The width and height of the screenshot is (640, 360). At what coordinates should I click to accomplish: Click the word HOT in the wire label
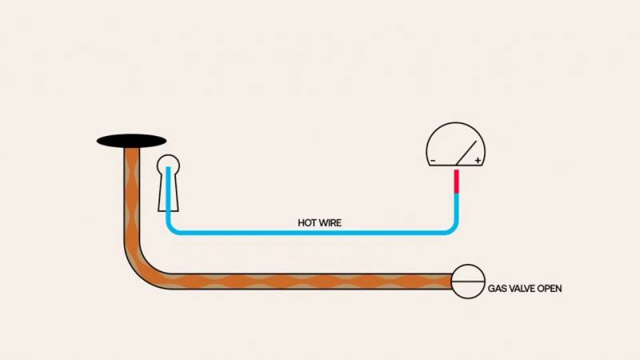306,223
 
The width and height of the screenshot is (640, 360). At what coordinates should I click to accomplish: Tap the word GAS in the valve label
497,289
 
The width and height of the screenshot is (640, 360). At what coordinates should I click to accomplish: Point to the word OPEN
550,289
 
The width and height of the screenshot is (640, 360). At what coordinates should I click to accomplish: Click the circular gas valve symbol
468,282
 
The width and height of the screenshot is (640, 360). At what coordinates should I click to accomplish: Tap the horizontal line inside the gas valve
468,282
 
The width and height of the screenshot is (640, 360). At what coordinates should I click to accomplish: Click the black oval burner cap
131,142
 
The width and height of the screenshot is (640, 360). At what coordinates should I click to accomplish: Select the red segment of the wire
456,182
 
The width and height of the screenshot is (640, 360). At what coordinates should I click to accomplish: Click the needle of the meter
466,153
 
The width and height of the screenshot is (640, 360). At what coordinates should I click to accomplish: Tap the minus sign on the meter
433,161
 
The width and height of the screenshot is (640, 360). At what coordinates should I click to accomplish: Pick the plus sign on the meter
478,161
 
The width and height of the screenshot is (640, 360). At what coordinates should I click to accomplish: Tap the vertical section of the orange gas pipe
132,196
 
